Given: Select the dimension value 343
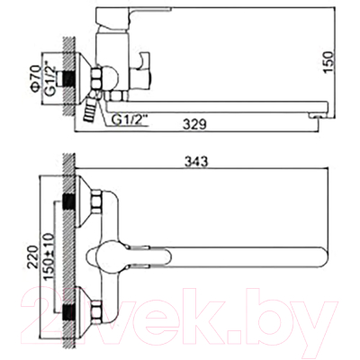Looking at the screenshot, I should [x=200, y=162].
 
